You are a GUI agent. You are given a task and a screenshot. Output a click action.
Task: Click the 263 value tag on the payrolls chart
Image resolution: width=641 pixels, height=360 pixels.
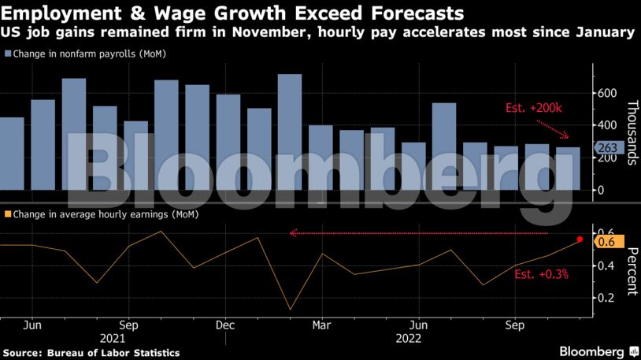609,147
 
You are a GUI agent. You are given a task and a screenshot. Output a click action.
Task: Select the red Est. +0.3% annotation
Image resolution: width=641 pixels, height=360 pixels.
541,275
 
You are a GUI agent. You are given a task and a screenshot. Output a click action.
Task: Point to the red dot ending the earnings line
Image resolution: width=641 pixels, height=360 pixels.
580,239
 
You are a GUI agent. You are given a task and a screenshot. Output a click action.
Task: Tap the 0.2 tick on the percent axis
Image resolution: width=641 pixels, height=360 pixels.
606,298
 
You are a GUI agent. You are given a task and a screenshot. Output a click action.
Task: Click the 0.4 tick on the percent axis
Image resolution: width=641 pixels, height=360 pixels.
606,266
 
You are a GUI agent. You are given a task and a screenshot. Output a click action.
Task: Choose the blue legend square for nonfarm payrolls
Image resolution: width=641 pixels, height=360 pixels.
7,54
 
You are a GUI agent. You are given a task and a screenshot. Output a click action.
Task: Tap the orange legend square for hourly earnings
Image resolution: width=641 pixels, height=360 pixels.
7,213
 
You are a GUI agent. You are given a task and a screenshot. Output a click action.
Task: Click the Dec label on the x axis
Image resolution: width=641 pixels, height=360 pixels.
225,325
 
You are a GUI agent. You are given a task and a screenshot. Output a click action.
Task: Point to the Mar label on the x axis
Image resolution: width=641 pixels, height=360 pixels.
321,325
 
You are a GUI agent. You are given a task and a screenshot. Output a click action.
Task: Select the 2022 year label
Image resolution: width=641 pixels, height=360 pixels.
409,339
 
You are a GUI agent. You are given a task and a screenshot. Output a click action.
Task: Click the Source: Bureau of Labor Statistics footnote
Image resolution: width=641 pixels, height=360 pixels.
91,352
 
